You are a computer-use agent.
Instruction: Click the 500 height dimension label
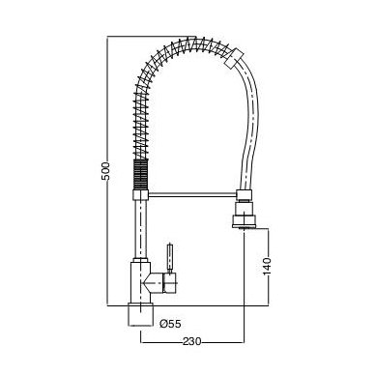[105, 171]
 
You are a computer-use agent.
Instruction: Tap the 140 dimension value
[267, 267]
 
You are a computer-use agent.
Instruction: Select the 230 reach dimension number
[192, 341]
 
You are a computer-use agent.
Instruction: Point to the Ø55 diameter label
[170, 324]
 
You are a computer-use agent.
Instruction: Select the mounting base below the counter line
[140, 315]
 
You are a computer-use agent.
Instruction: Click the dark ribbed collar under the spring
[140, 174]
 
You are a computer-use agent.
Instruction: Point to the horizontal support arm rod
[192, 195]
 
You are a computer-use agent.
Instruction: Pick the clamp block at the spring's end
[234, 58]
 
